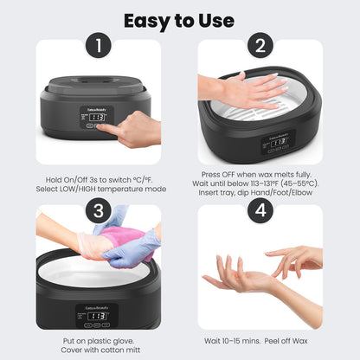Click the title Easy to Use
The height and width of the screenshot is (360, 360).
coord(179,19)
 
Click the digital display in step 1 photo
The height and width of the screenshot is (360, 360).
coord(98,117)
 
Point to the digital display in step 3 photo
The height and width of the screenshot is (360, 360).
coord(98,316)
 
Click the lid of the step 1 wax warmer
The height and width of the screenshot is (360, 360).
coord(98,87)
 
